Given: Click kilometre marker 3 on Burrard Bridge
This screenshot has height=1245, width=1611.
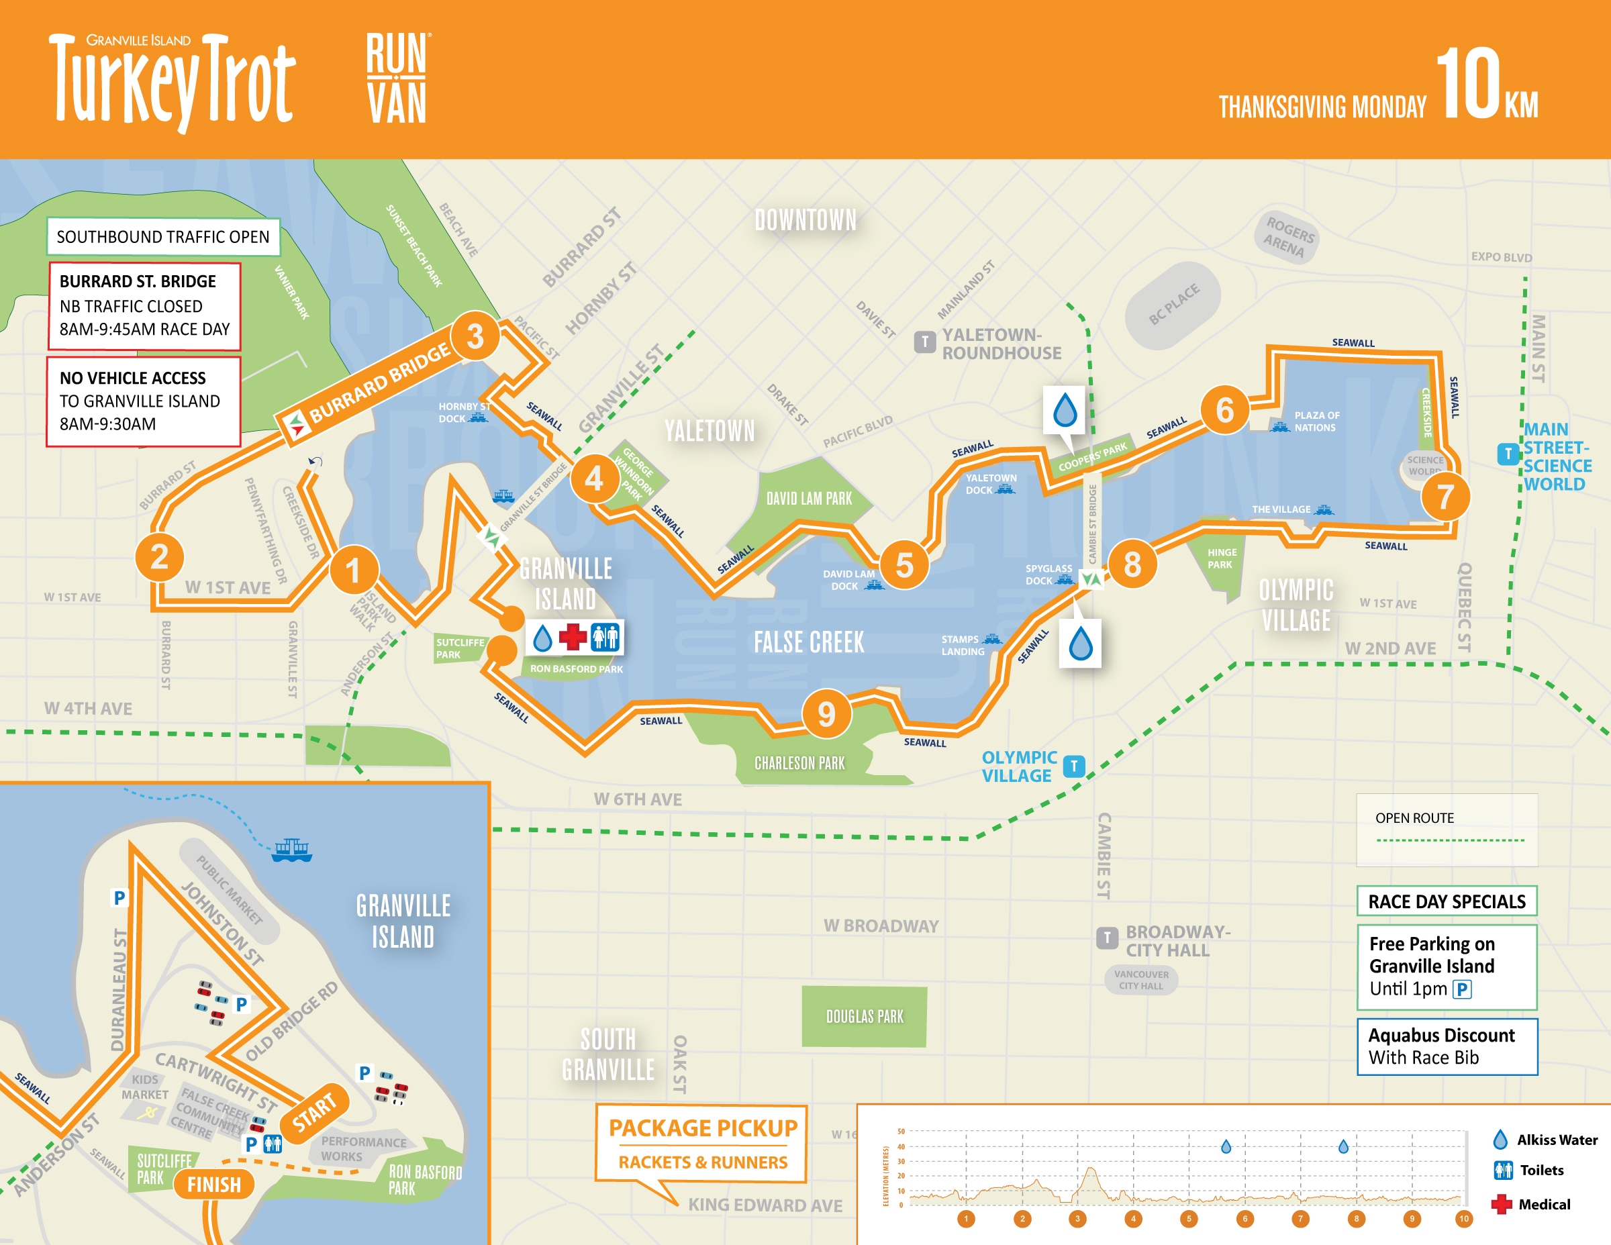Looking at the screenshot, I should click(475, 336).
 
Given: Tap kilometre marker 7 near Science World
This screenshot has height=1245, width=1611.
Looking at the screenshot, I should click(1445, 497).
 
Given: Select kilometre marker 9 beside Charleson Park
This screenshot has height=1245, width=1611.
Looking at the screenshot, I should click(826, 713).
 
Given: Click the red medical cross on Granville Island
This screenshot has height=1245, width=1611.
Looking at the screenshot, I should click(573, 637).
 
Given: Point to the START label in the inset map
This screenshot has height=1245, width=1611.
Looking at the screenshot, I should click(315, 1112).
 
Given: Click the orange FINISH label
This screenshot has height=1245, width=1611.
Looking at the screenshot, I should click(214, 1185).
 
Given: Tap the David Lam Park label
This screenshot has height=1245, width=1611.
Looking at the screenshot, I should click(808, 499).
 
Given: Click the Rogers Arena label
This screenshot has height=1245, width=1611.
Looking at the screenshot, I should click(1288, 236).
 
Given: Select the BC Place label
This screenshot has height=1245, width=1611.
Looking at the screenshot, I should click(1173, 304).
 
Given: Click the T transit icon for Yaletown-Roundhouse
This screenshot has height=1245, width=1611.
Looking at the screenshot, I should click(924, 342).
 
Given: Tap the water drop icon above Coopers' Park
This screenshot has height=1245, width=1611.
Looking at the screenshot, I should click(1065, 410).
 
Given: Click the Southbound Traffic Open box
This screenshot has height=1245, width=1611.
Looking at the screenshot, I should click(163, 237).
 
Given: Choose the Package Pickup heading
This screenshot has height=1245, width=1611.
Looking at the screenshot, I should click(702, 1128).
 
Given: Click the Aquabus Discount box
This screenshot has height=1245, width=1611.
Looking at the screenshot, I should click(1447, 1046).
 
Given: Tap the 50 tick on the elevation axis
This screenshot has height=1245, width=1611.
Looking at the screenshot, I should click(901, 1132).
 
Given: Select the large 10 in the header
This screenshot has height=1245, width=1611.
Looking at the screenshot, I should click(1468, 83).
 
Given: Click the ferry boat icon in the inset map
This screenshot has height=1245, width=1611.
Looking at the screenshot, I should click(292, 850).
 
